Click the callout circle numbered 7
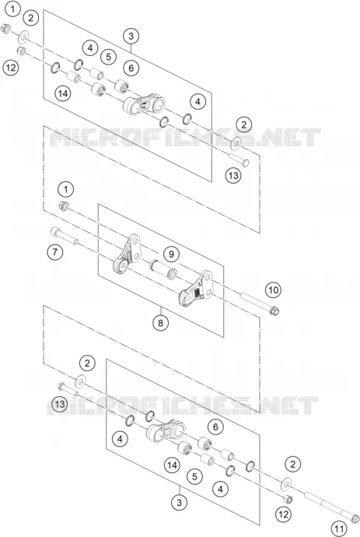point(55,252)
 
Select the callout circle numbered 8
point(161,322)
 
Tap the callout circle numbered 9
point(171,254)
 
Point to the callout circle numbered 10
point(273,290)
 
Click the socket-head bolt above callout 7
point(65,235)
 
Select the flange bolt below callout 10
point(260,303)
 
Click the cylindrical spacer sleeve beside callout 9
point(163,268)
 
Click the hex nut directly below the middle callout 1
point(64,205)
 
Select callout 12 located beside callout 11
point(283,514)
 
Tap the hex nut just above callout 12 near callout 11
point(288,500)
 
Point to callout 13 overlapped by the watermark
point(60,404)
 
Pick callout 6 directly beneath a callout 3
point(131,68)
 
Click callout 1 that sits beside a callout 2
point(12,9)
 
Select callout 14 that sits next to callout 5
point(172,465)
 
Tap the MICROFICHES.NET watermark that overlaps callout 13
point(183,405)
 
